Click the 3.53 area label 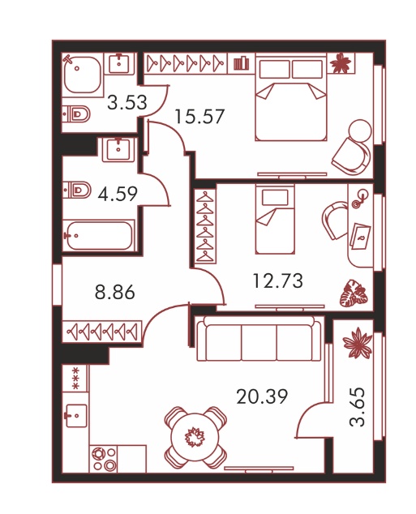click(x=127, y=103)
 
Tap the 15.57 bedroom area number click(x=199, y=117)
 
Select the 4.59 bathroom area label click(x=118, y=194)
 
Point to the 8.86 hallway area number click(x=114, y=292)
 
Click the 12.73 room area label click(x=278, y=281)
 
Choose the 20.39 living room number click(x=262, y=396)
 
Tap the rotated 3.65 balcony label click(x=357, y=407)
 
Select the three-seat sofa click(x=259, y=338)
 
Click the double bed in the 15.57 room click(x=291, y=98)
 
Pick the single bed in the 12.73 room click(x=275, y=219)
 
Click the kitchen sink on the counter click(x=76, y=415)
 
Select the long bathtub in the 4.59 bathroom click(x=99, y=235)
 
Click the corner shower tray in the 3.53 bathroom click(x=82, y=75)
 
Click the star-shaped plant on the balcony click(x=358, y=342)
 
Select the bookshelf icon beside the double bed click(x=242, y=62)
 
